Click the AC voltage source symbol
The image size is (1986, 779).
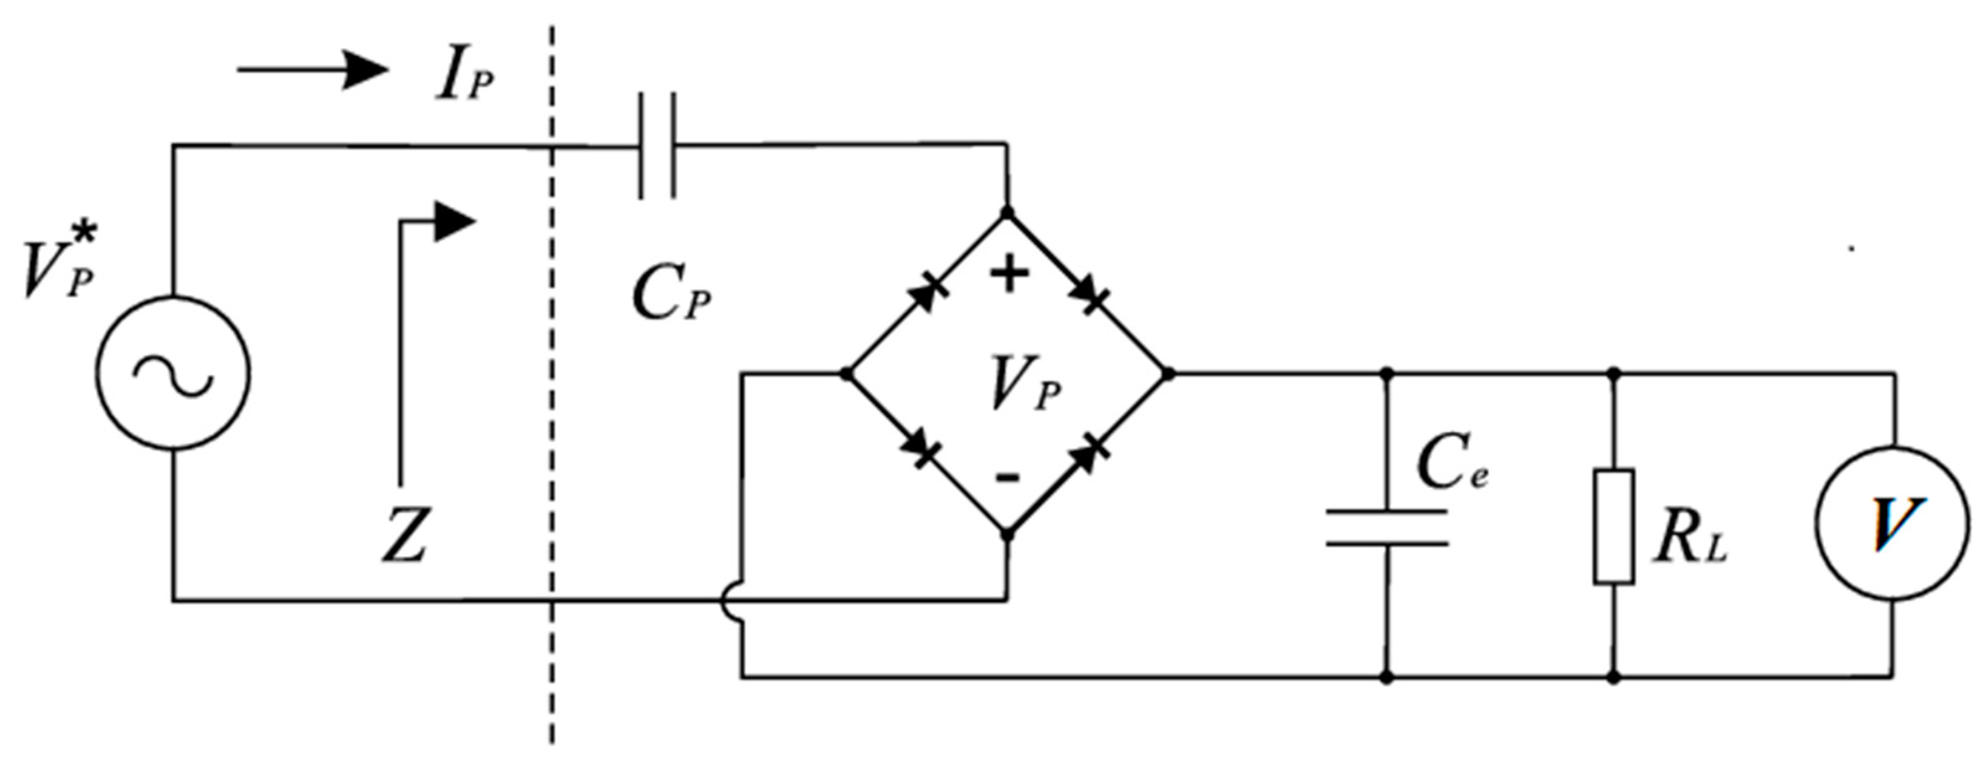coord(172,373)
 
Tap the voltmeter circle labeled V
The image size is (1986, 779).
coord(1892,523)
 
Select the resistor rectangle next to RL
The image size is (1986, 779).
coord(1614,526)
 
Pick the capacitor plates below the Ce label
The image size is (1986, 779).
coord(1386,528)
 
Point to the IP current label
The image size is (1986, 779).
coord(463,77)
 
